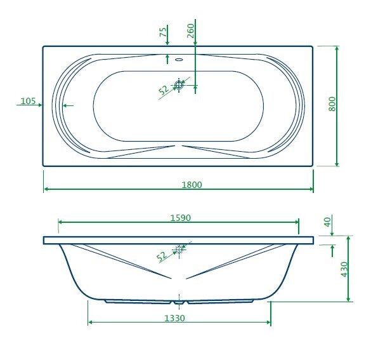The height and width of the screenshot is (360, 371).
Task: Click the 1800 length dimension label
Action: pos(192,185)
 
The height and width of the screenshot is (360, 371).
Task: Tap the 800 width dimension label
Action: pos(332,103)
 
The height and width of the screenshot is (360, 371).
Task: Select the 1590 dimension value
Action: pos(180,218)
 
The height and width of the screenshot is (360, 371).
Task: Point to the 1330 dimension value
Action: pos(174,318)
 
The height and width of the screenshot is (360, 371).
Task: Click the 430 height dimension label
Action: pos(344,269)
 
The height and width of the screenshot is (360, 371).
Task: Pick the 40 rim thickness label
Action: pos(328,222)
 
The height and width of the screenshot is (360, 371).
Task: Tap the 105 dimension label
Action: pos(28,101)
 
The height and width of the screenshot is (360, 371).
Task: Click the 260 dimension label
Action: pos(191,30)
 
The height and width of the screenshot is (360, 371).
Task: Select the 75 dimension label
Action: pos(163,32)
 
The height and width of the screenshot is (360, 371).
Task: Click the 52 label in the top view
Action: pos(164,90)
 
